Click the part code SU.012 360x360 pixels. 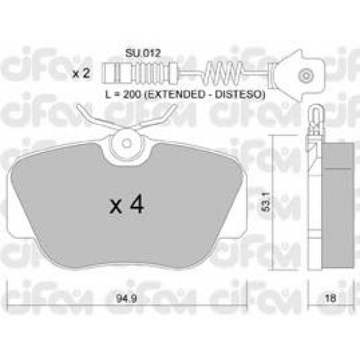tap(143, 53)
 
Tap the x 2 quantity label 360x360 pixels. tap(81, 73)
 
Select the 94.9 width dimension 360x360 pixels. tap(127, 299)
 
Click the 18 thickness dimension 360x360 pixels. tap(331, 299)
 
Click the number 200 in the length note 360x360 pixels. tap(132, 95)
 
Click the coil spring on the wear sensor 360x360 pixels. tap(224, 71)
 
